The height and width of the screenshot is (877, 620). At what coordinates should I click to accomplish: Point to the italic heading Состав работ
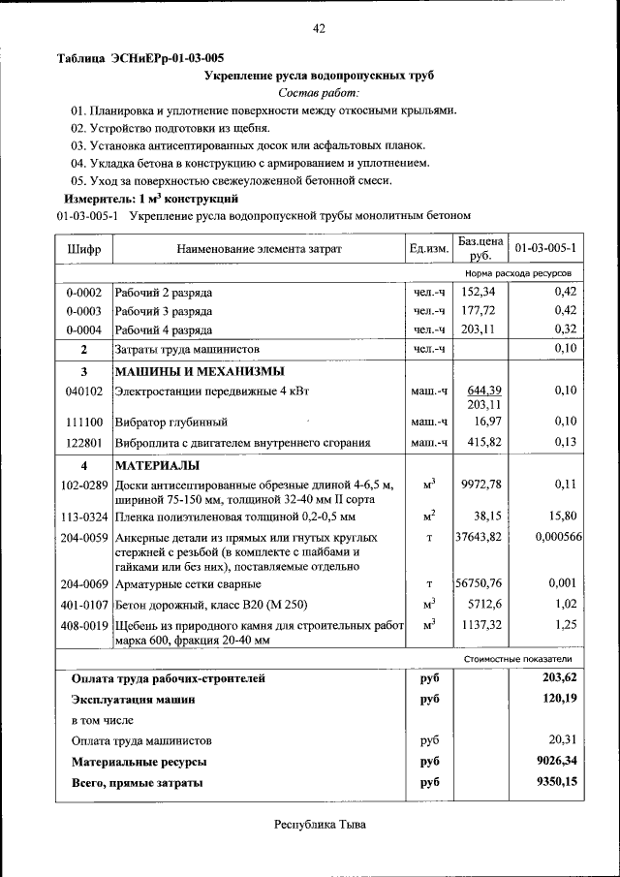[x=318, y=92]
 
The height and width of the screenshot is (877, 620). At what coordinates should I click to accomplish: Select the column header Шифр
[x=83, y=249]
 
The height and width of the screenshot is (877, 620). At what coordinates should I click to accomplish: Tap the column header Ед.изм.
[x=429, y=249]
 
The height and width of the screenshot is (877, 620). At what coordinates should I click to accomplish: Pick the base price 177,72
[x=478, y=310]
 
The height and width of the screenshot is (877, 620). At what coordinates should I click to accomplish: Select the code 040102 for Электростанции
[x=83, y=390]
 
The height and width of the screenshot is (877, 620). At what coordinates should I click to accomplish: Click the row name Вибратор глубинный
[x=170, y=423]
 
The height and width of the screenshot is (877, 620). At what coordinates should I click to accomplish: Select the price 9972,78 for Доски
[x=481, y=484]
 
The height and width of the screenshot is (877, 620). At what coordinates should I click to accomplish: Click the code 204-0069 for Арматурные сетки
[x=83, y=584]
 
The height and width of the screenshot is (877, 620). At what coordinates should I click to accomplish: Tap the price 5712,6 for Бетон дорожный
[x=484, y=603]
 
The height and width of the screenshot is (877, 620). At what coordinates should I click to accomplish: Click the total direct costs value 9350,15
[x=556, y=781]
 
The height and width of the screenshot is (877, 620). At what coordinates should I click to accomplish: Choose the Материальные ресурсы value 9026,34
[x=556, y=762]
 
